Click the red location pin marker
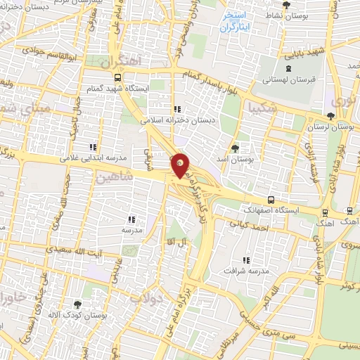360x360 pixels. point(181,165)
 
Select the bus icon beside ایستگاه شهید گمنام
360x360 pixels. point(117,77)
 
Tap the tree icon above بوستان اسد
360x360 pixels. point(235,148)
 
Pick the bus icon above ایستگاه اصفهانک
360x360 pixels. point(271,200)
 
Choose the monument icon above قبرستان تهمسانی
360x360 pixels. point(289,69)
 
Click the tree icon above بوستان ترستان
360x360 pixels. point(331,116)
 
